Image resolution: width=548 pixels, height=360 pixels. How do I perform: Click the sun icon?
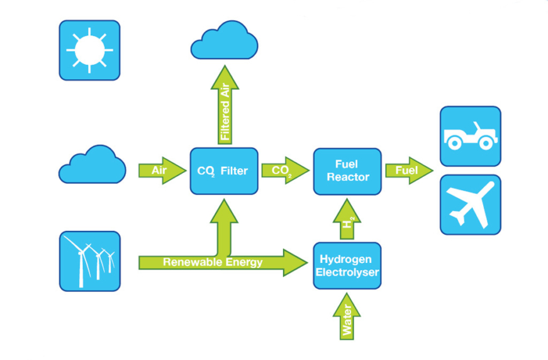(x=89, y=50)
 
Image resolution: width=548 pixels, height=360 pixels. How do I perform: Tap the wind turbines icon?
(x=89, y=261)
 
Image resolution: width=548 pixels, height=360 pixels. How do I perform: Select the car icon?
(x=470, y=137)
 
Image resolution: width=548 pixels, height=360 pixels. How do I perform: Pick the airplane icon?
(x=470, y=205)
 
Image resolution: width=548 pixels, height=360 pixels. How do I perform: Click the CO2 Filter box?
(x=224, y=171)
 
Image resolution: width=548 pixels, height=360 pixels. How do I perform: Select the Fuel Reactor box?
(x=347, y=171)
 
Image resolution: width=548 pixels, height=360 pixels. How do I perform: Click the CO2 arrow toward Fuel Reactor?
(x=282, y=171)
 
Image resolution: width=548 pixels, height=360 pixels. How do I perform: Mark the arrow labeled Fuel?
(x=407, y=171)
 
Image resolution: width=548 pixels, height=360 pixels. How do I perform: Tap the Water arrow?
(x=347, y=318)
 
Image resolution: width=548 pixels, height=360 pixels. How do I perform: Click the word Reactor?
(x=348, y=177)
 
